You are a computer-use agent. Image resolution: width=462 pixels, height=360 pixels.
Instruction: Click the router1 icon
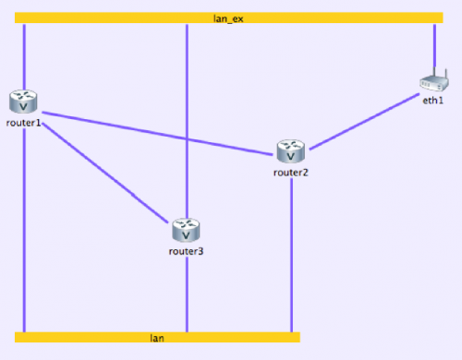(23, 101)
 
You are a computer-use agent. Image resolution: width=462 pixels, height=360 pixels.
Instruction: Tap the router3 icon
(186, 228)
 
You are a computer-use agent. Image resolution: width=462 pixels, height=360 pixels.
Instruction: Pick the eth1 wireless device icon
(432, 85)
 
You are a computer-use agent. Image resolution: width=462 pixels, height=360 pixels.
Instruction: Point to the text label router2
(291, 172)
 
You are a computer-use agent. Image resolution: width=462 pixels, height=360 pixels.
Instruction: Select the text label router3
(187, 250)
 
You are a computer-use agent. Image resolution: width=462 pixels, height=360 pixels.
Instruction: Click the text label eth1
(433, 101)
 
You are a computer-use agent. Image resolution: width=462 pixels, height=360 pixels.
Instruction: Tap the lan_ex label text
(227, 18)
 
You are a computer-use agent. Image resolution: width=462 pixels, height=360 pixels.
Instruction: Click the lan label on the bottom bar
(157, 338)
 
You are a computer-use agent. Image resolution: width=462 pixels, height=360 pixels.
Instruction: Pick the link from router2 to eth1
(365, 120)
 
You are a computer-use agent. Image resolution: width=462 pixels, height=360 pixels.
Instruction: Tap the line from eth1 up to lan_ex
(434, 46)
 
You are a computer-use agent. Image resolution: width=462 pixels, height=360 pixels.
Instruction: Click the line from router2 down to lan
(292, 258)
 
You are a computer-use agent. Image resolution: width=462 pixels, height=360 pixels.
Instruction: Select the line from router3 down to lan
(188, 295)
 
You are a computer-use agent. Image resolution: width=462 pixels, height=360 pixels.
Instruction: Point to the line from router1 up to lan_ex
(24, 55)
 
